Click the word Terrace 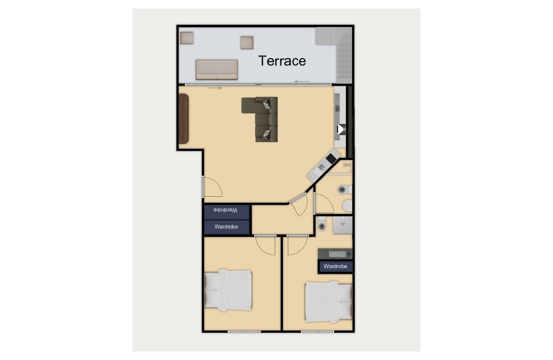click(282, 61)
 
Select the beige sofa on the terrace click(216, 70)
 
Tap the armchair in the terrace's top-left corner click(187, 38)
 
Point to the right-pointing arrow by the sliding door click(214, 88)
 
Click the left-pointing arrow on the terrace click(302, 81)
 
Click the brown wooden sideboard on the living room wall click(183, 119)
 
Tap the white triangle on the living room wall click(341, 129)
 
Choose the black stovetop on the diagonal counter click(331, 159)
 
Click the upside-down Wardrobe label click(226, 210)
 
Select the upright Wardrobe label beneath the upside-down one click(226, 227)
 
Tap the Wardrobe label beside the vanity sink click(335, 267)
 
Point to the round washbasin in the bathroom click(348, 206)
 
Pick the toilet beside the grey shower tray click(323, 224)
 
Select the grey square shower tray click(342, 225)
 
